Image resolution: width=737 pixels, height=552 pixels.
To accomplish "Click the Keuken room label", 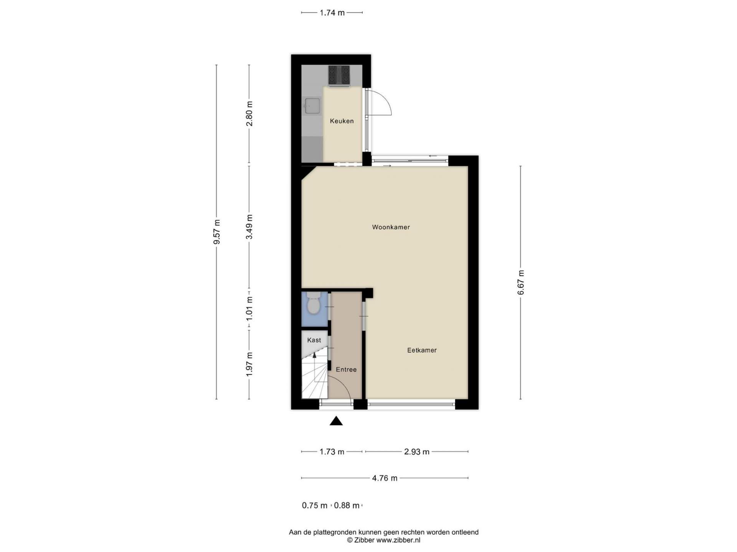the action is (342, 121).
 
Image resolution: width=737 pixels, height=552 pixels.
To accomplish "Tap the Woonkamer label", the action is (391, 227).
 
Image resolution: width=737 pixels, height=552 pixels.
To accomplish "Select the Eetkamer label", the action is (422, 350).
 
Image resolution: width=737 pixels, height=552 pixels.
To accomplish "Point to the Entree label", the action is (346, 370).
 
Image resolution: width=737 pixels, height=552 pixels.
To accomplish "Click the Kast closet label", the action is (314, 340).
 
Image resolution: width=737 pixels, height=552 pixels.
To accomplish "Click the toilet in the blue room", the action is (314, 303).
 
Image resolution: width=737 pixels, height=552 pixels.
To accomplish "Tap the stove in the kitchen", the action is (339, 75).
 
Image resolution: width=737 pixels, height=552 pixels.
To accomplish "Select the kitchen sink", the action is (312, 106).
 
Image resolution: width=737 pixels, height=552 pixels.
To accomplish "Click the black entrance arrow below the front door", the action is (336, 421).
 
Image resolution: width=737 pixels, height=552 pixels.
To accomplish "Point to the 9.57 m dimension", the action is (216, 232).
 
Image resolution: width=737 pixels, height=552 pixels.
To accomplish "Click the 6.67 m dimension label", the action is (521, 283).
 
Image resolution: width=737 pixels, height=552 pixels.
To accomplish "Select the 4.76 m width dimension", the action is (385, 478).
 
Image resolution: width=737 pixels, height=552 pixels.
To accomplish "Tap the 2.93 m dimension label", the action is (416, 452).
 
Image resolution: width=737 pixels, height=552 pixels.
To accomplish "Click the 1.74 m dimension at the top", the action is (332, 13).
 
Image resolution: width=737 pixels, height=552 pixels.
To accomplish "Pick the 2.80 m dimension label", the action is (250, 113).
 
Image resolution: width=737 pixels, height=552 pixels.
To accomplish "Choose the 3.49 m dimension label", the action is (250, 227).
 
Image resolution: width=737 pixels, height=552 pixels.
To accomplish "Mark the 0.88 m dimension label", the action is (347, 506).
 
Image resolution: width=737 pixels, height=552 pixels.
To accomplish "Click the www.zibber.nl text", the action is (398, 540).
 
